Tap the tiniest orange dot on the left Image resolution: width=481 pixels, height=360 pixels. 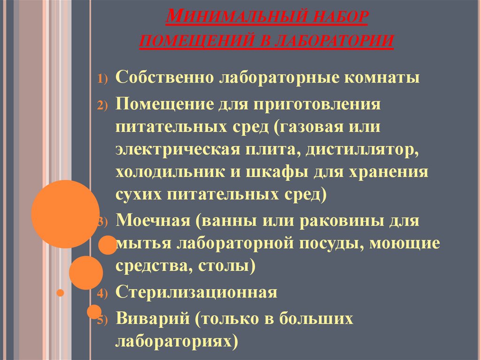[x=60, y=294]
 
